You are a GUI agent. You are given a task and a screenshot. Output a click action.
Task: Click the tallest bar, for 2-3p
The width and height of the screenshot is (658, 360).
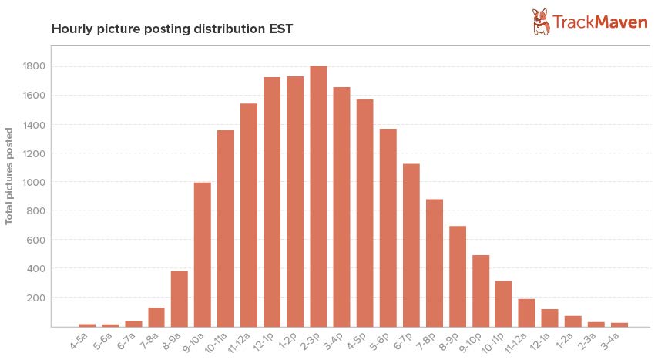point(318,196)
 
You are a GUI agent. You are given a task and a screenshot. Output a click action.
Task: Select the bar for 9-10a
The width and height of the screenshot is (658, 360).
point(203,254)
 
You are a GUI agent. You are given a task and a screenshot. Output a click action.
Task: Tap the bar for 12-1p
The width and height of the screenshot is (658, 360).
point(272,202)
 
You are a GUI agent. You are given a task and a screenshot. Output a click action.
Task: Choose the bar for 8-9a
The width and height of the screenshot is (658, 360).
point(180,298)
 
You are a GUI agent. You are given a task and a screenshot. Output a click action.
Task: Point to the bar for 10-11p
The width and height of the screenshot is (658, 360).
point(503,304)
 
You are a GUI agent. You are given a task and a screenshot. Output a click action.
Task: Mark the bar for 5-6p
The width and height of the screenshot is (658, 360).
point(388,227)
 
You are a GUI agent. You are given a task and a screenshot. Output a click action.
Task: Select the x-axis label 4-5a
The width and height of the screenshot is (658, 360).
point(79,340)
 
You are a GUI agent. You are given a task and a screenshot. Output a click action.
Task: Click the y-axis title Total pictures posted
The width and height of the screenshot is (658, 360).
point(10,176)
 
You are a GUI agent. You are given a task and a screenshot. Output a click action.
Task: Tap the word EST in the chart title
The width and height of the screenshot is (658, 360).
point(280,29)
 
